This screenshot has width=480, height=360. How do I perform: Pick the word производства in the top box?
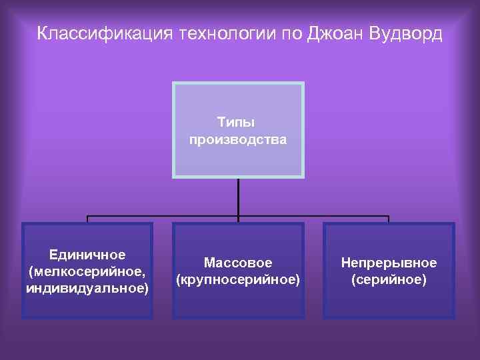click(x=238, y=140)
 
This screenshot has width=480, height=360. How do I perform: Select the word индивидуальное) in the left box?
click(x=87, y=289)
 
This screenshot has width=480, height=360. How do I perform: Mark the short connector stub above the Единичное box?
click(x=87, y=219)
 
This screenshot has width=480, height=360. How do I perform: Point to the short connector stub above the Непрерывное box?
click(x=389, y=219)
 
